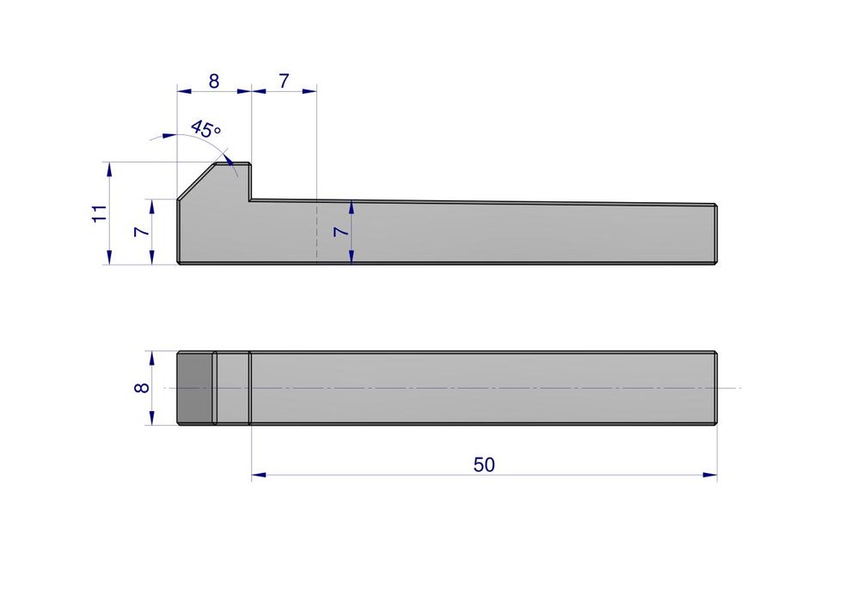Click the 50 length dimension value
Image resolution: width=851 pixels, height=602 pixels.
(484, 464)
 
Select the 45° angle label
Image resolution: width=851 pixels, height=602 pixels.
(205, 130)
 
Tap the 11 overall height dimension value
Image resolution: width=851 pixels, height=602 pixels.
(100, 213)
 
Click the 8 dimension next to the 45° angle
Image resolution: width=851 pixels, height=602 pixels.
(213, 81)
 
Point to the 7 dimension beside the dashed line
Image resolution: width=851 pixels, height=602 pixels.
(340, 232)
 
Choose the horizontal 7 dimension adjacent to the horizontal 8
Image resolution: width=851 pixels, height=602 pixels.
(284, 81)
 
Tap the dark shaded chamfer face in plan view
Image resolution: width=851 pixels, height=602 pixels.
(195, 388)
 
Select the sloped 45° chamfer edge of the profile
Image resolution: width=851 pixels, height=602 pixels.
(197, 181)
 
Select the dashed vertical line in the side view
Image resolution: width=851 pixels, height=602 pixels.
(317, 232)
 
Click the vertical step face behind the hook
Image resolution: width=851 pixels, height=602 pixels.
(250, 181)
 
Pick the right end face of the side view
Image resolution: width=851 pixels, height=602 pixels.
(716, 233)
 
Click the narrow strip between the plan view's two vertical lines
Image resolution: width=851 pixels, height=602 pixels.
(232, 388)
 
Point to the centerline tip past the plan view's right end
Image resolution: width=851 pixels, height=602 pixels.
(738, 388)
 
